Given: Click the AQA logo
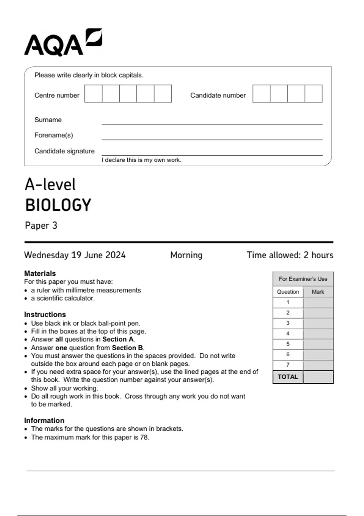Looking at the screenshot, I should [x=63, y=42].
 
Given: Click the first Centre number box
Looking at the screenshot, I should [x=93, y=93].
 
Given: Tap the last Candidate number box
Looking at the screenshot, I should [x=313, y=93].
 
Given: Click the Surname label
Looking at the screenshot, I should [x=48, y=120].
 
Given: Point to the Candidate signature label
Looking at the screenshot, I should [x=64, y=151].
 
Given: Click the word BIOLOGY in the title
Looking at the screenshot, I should [x=58, y=205].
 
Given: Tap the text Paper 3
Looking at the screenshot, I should [x=41, y=226].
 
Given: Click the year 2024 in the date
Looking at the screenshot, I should [x=116, y=255].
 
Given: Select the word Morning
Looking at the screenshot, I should [x=186, y=255].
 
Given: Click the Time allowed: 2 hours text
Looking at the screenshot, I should [x=290, y=255].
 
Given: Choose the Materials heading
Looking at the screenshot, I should [x=40, y=273].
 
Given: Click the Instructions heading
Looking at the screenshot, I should [x=45, y=314].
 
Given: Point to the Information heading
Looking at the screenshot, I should [x=44, y=420].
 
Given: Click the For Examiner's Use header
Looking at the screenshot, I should [x=303, y=279].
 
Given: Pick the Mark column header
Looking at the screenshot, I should [x=318, y=292].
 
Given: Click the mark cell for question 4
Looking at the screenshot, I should [x=318, y=334].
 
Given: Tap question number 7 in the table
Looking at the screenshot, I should [x=288, y=365].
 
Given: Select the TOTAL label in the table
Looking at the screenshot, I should [x=288, y=377].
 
